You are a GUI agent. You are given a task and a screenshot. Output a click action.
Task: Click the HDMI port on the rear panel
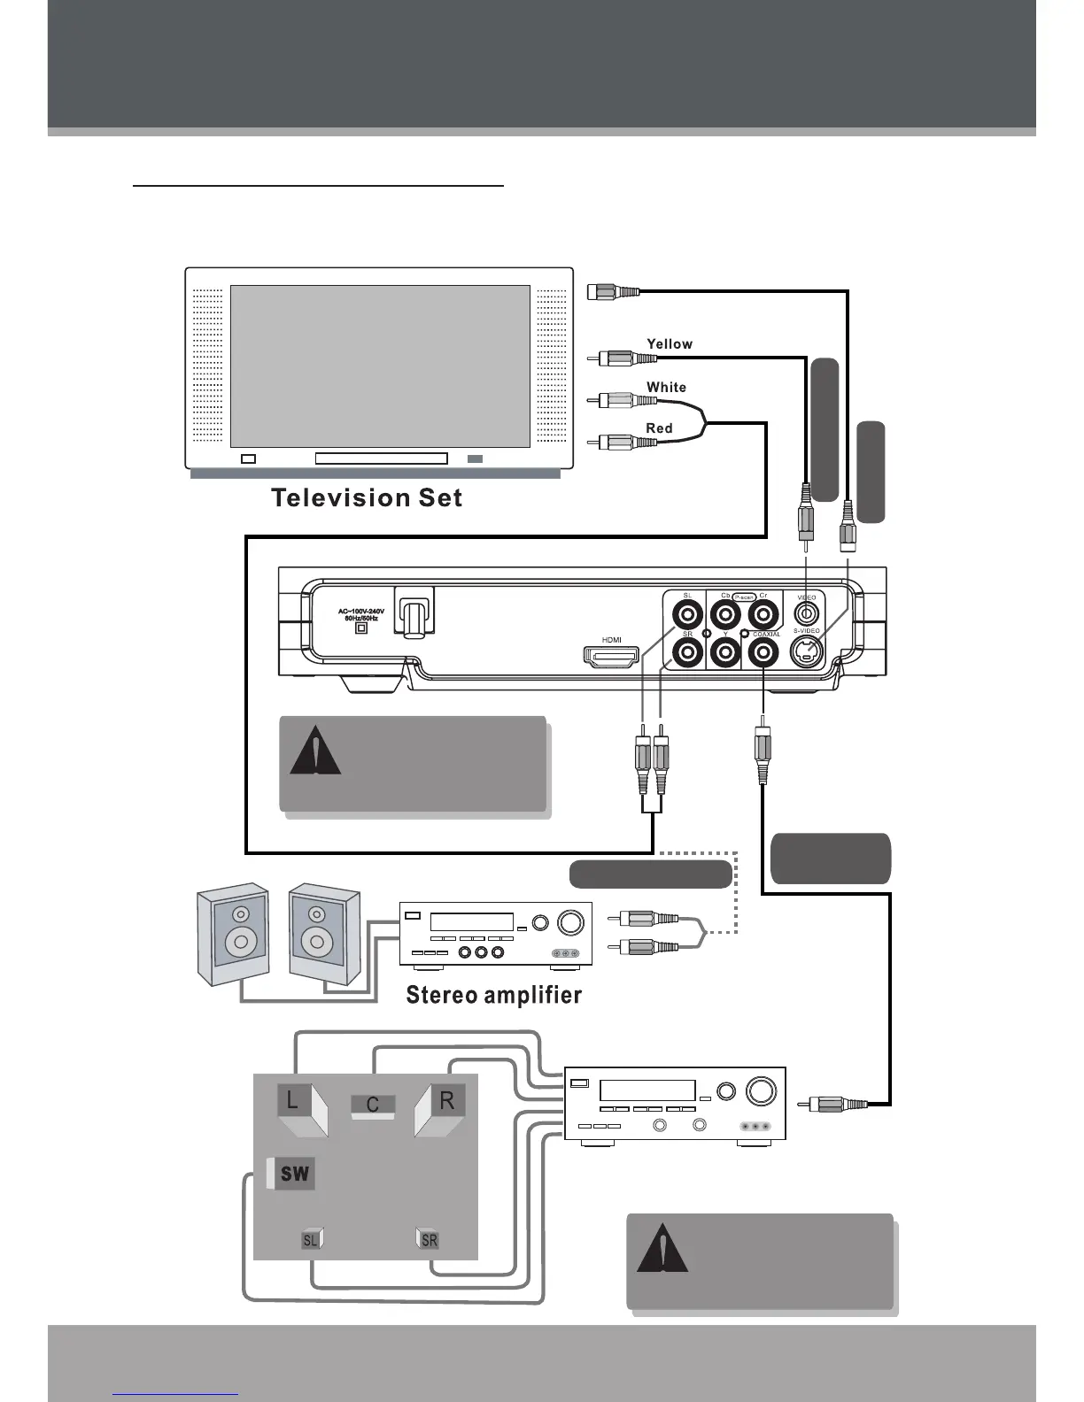(611, 657)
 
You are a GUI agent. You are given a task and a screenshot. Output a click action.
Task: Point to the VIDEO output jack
(805, 612)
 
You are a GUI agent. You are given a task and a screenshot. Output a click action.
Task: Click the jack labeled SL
(687, 613)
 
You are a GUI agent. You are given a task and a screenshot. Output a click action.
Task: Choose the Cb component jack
(725, 613)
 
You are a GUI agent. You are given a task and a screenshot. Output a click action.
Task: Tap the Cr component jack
(763, 613)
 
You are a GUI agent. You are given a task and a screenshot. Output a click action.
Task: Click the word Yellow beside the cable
(670, 344)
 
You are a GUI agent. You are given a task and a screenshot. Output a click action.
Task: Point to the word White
(666, 387)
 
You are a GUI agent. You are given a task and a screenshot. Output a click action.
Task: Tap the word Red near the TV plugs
(659, 428)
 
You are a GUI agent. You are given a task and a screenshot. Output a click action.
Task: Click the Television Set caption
(367, 497)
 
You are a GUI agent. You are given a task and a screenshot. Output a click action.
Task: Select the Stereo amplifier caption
(493, 996)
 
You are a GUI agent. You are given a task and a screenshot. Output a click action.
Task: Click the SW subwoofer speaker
(294, 1174)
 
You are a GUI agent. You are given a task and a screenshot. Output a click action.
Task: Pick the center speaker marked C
(373, 1105)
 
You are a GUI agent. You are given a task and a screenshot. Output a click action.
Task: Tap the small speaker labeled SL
(311, 1240)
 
